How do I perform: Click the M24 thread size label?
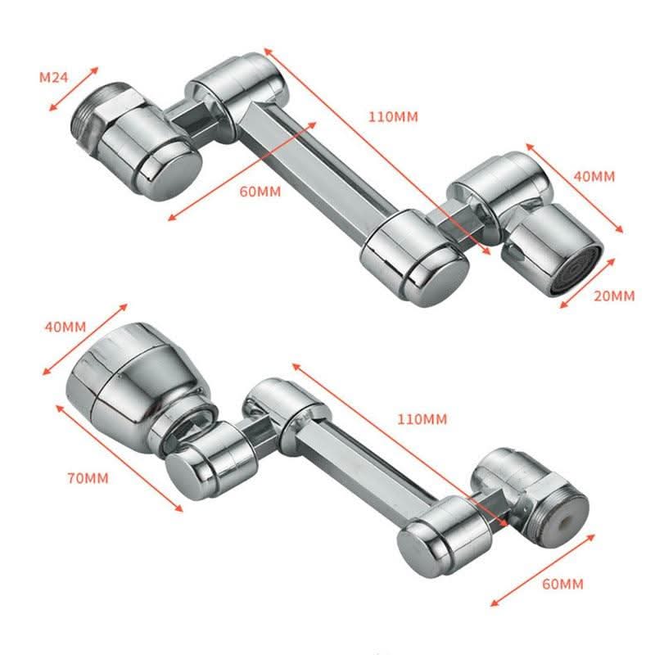[53, 78]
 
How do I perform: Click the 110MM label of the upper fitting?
[393, 116]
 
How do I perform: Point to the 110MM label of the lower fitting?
[422, 419]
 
